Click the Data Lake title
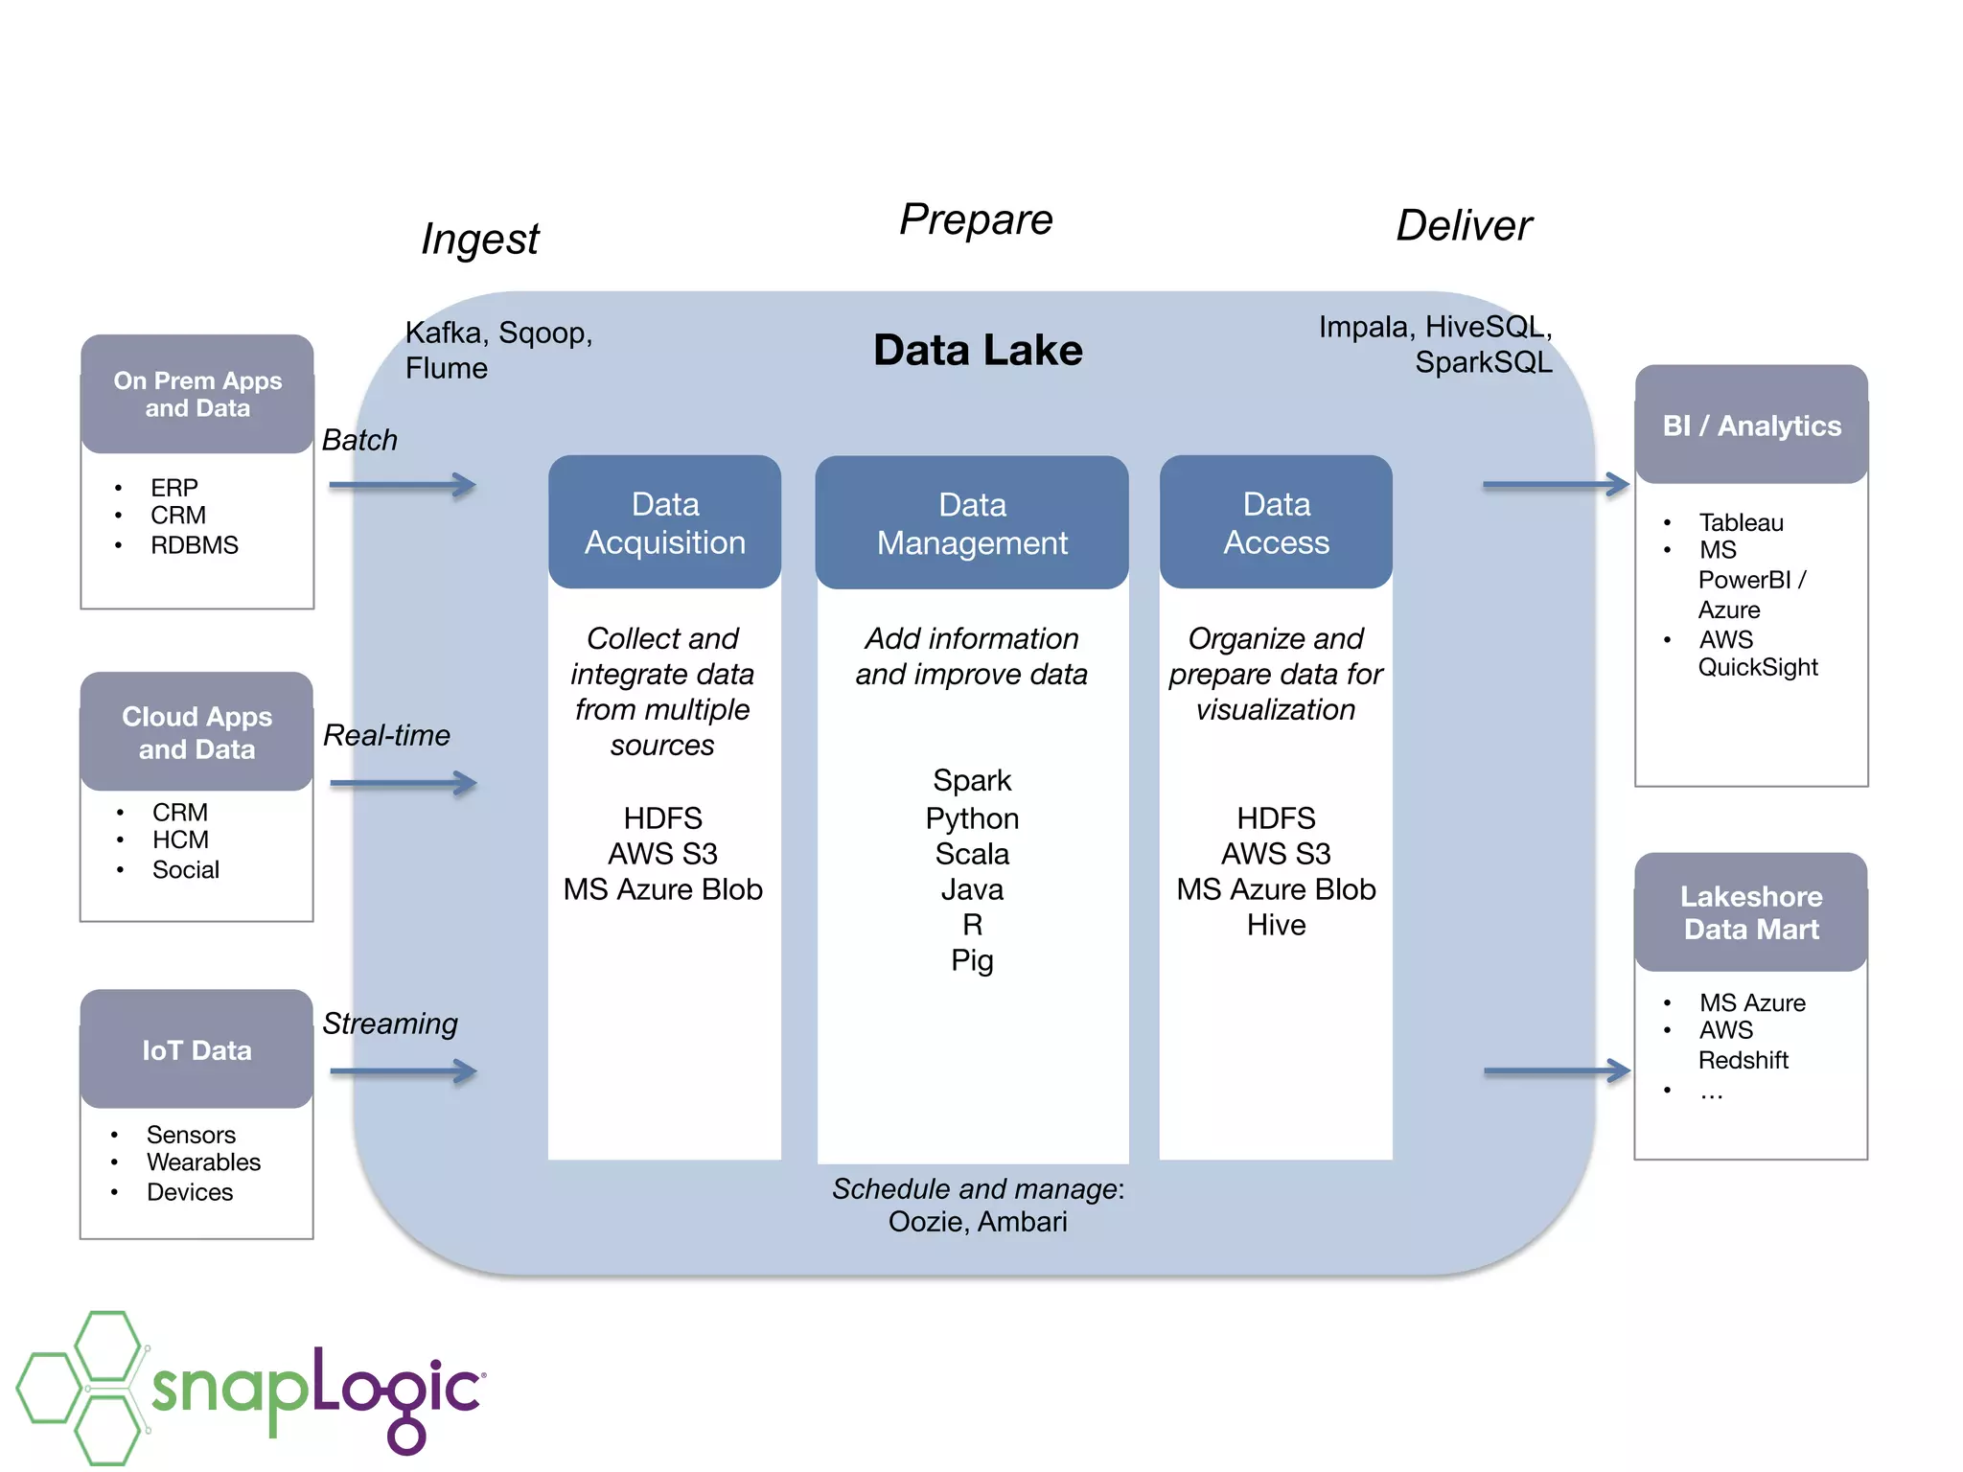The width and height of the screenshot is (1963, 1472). pyautogui.click(x=977, y=351)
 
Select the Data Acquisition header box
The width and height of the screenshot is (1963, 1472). pyautogui.click(x=664, y=522)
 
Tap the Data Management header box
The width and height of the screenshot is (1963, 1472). pyautogui.click(x=971, y=523)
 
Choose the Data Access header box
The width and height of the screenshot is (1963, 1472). pyautogui.click(x=1275, y=522)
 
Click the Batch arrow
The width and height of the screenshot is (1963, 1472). pyautogui.click(x=403, y=485)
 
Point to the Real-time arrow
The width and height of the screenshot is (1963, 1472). pyautogui.click(x=403, y=783)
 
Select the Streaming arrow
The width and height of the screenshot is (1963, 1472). pyautogui.click(x=403, y=1071)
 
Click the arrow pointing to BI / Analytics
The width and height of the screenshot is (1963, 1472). pyautogui.click(x=1555, y=485)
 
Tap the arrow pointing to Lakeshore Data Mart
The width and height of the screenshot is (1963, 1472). pyautogui.click(x=1556, y=1071)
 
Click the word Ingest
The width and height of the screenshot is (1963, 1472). pyautogui.click(x=480, y=239)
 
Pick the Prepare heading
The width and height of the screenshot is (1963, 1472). pyautogui.click(x=976, y=219)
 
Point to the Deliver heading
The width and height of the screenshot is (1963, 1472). pyautogui.click(x=1464, y=226)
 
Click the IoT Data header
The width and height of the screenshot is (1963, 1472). pyautogui.click(x=196, y=1050)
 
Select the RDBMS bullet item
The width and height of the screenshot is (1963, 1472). pyautogui.click(x=194, y=545)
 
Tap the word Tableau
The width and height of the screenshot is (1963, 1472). pyautogui.click(x=1741, y=522)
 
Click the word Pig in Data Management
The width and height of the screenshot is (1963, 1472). pyautogui.click(x=971, y=960)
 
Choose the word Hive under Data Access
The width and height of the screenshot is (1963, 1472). pyautogui.click(x=1276, y=925)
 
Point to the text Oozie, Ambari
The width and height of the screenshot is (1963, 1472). pyautogui.click(x=977, y=1222)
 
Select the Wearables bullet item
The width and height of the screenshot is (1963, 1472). pyautogui.click(x=203, y=1162)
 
